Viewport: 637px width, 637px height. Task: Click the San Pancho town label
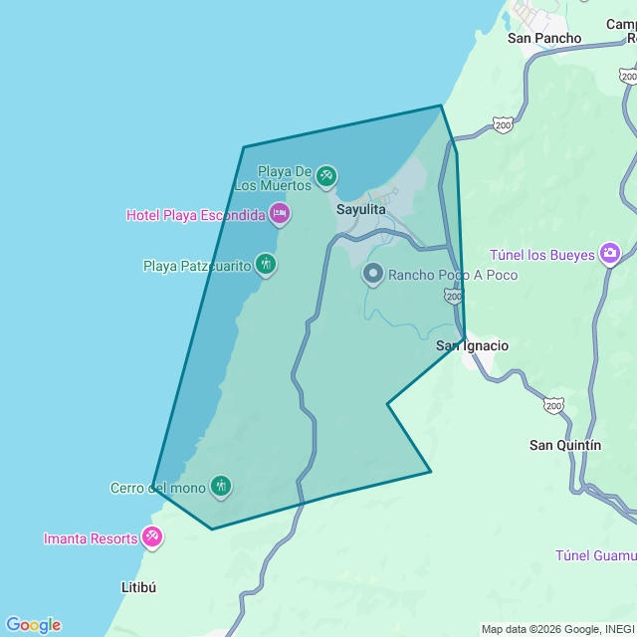pyautogui.click(x=543, y=38)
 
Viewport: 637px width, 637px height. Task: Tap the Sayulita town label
pyautogui.click(x=360, y=210)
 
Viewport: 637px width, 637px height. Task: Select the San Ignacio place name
pyautogui.click(x=472, y=346)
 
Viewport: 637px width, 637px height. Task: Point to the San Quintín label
pyautogui.click(x=564, y=445)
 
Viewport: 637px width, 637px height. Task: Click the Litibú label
pyautogui.click(x=138, y=587)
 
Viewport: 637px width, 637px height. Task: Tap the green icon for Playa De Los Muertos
pyautogui.click(x=325, y=177)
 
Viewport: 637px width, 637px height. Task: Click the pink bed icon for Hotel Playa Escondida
pyautogui.click(x=280, y=213)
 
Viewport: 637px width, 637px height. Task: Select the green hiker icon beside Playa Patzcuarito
pyautogui.click(x=265, y=265)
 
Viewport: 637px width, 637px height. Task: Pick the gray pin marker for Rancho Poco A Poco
pyautogui.click(x=373, y=274)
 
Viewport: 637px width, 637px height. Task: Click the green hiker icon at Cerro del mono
pyautogui.click(x=221, y=487)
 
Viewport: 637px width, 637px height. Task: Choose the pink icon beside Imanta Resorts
pyautogui.click(x=152, y=537)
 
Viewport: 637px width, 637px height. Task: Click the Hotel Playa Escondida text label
pyautogui.click(x=196, y=215)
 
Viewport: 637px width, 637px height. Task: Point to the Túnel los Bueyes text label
pyautogui.click(x=542, y=255)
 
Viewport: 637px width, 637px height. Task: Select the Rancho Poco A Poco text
pyautogui.click(x=453, y=275)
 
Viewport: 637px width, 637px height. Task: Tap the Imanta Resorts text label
pyautogui.click(x=91, y=538)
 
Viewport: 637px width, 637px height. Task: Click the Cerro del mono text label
pyautogui.click(x=157, y=488)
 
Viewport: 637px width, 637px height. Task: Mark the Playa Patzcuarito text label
pyautogui.click(x=197, y=266)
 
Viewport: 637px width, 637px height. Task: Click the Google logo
pyautogui.click(x=32, y=625)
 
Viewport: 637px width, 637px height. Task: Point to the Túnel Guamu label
pyautogui.click(x=595, y=554)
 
